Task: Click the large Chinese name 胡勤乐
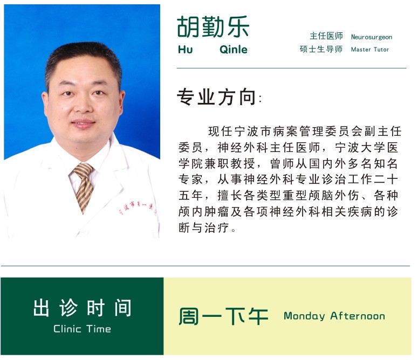pos(213,26)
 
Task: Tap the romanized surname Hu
pos(186,50)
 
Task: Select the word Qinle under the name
pos(234,50)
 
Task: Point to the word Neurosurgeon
pos(372,37)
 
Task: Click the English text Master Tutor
pos(370,50)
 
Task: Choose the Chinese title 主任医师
pos(326,36)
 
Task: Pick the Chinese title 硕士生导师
pos(321,49)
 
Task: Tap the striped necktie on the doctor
pos(84,186)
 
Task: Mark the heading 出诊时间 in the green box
pos(82,308)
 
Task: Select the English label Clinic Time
pos(82,329)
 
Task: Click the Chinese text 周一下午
pos(223,316)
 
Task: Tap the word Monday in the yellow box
pos(304,316)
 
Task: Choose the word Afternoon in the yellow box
pos(358,316)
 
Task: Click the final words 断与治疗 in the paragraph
pos(204,227)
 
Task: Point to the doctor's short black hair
pos(83,60)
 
